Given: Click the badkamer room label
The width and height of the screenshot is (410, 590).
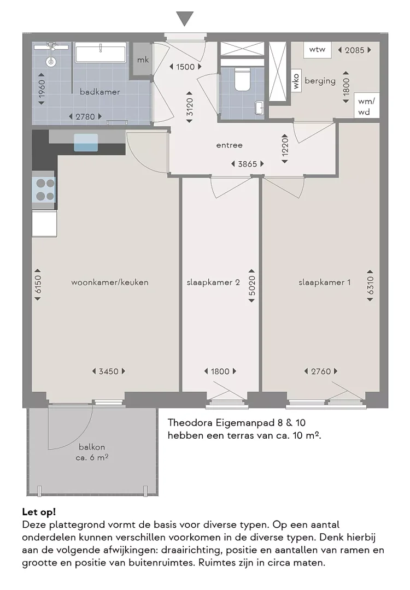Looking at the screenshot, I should tap(99, 92).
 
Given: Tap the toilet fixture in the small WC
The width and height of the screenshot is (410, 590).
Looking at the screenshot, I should tap(241, 80).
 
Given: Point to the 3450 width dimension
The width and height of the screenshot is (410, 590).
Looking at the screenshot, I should tap(108, 371).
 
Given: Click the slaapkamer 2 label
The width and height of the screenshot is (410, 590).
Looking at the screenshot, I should tap(213, 282).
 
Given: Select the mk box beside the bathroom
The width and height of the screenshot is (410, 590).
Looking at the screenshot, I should tap(143, 60).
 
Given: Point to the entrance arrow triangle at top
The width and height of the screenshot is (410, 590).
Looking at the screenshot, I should tap(185, 19).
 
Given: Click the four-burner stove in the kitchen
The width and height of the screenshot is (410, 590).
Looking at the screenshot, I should tap(44, 190).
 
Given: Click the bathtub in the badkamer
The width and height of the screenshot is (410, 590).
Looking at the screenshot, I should tap(101, 54).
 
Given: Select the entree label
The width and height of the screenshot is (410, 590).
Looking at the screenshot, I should tap(229, 145).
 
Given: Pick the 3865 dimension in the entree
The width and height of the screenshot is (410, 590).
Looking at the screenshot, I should tap(248, 164).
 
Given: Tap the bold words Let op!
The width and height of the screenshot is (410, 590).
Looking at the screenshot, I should tap(39, 512).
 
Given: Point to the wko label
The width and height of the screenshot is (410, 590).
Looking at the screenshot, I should tap(296, 81).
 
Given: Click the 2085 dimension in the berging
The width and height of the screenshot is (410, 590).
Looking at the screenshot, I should tap(354, 50).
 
